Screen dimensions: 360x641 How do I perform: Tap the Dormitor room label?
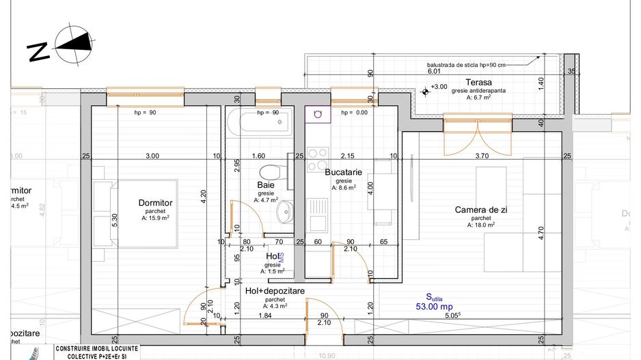(x=155, y=203)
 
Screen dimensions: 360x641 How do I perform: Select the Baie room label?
(x=266, y=185)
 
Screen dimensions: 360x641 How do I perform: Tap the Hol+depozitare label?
(x=275, y=290)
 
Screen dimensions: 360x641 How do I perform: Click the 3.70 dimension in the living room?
(x=481, y=156)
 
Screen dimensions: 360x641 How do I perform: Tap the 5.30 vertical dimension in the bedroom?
(x=115, y=219)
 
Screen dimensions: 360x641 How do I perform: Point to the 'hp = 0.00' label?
(x=354, y=113)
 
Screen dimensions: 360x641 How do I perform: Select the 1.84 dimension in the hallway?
(x=265, y=315)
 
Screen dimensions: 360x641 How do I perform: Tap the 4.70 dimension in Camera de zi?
(x=540, y=234)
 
